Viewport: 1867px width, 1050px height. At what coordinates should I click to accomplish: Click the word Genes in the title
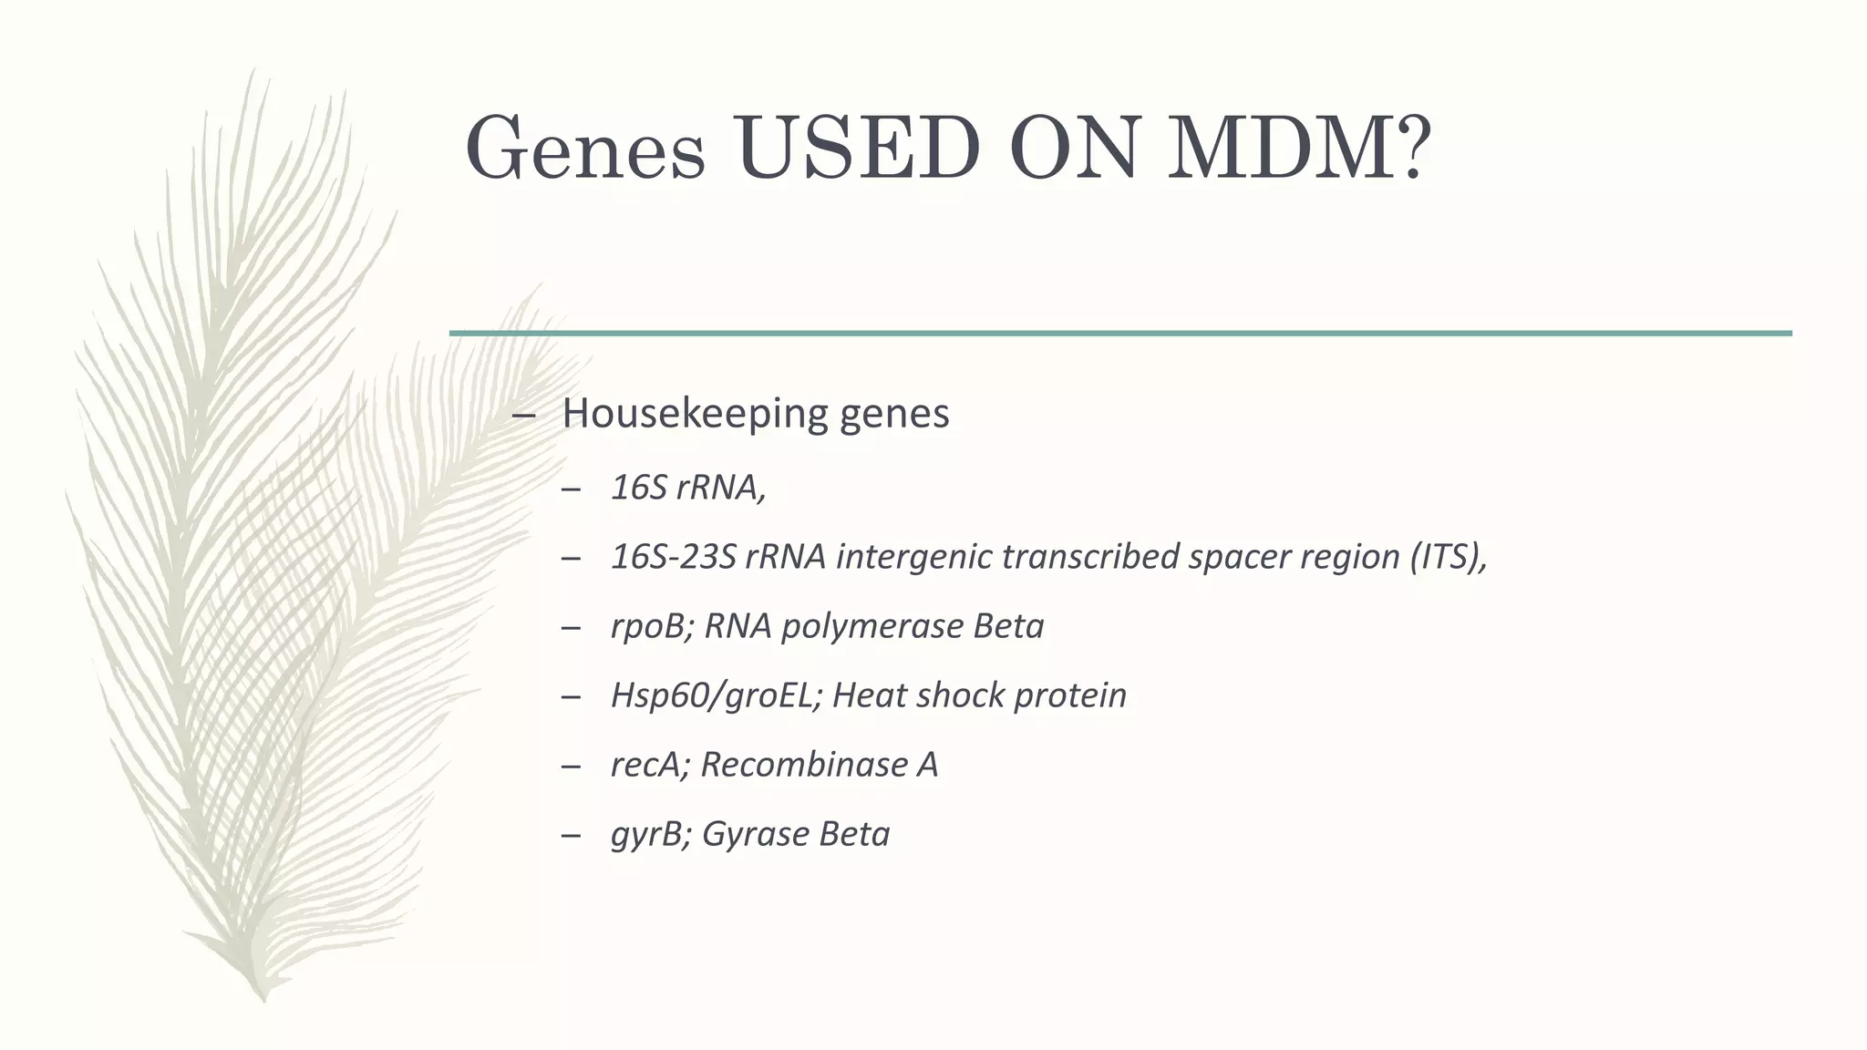click(x=585, y=148)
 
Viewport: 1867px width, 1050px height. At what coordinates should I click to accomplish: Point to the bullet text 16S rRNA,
click(x=688, y=488)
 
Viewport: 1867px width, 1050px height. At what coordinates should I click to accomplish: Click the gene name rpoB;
click(x=653, y=626)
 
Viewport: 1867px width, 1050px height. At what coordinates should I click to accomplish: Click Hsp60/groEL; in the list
click(x=717, y=695)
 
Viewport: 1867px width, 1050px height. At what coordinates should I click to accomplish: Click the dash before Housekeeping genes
click(x=523, y=415)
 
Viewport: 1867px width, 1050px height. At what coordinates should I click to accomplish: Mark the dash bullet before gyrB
click(x=572, y=835)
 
